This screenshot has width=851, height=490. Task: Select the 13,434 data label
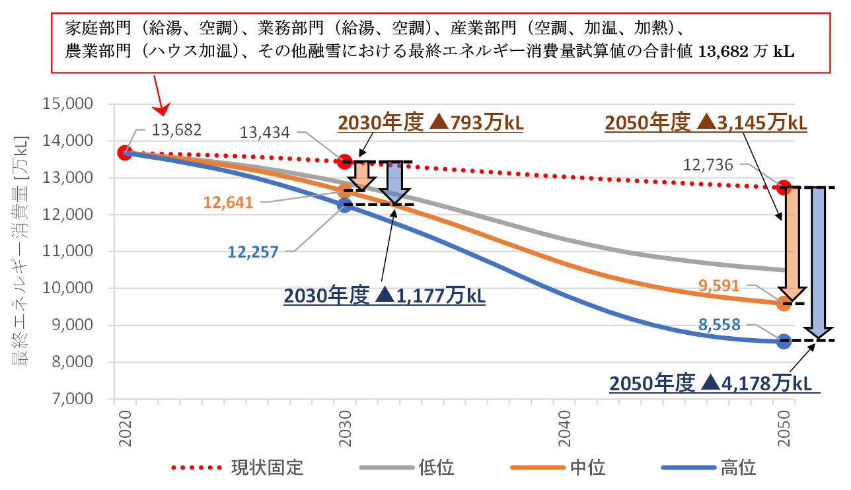(x=265, y=133)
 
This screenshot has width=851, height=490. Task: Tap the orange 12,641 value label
(x=229, y=202)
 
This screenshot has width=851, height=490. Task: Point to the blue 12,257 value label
(x=253, y=251)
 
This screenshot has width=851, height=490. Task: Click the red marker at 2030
(x=345, y=161)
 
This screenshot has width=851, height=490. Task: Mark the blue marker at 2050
(x=784, y=341)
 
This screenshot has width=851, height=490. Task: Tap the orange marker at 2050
(x=784, y=304)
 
